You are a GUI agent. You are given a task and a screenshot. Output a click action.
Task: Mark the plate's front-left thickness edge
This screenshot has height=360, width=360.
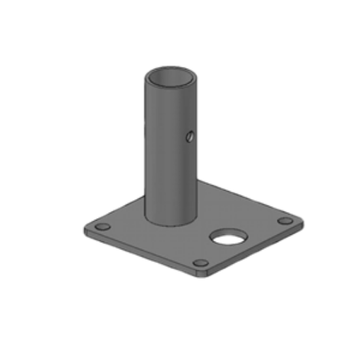click(141, 253)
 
